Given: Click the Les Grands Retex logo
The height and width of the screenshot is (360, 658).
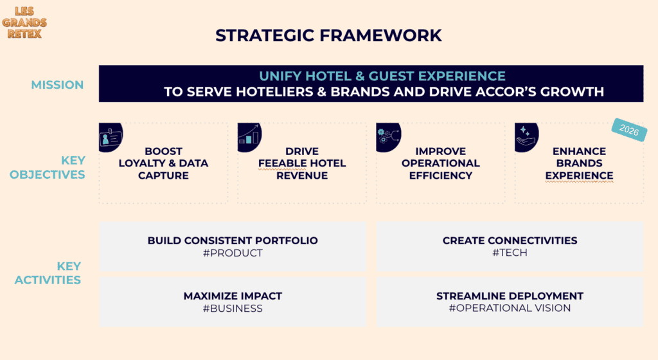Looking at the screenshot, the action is point(24,22).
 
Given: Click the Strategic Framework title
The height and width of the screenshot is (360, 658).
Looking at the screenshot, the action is point(328,35).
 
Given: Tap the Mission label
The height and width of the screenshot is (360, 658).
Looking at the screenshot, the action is point(57,85).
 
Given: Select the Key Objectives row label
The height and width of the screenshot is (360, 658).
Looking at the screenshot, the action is point(48,167).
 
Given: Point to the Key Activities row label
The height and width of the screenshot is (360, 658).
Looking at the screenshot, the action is point(48,273).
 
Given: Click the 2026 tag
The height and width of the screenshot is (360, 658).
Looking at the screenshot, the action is point(629,130).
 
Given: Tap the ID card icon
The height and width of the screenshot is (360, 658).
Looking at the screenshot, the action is point(111,137).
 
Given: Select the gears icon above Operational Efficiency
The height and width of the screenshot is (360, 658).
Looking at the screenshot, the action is point(388,137).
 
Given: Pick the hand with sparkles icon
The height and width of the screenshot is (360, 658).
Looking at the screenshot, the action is point(527,137).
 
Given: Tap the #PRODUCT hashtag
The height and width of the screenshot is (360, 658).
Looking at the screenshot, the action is point(233,253).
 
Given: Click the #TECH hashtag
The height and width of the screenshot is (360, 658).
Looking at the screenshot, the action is point(510,253).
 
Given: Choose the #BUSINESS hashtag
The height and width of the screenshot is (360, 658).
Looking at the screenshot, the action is point(233,309).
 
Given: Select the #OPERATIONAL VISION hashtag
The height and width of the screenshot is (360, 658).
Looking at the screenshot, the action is point(510,308).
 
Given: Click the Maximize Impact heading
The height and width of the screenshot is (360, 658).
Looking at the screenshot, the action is point(233,296).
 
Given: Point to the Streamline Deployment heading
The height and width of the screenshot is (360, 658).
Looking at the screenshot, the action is point(510,296).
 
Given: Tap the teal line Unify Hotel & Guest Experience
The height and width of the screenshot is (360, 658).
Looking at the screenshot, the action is point(382,76).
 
